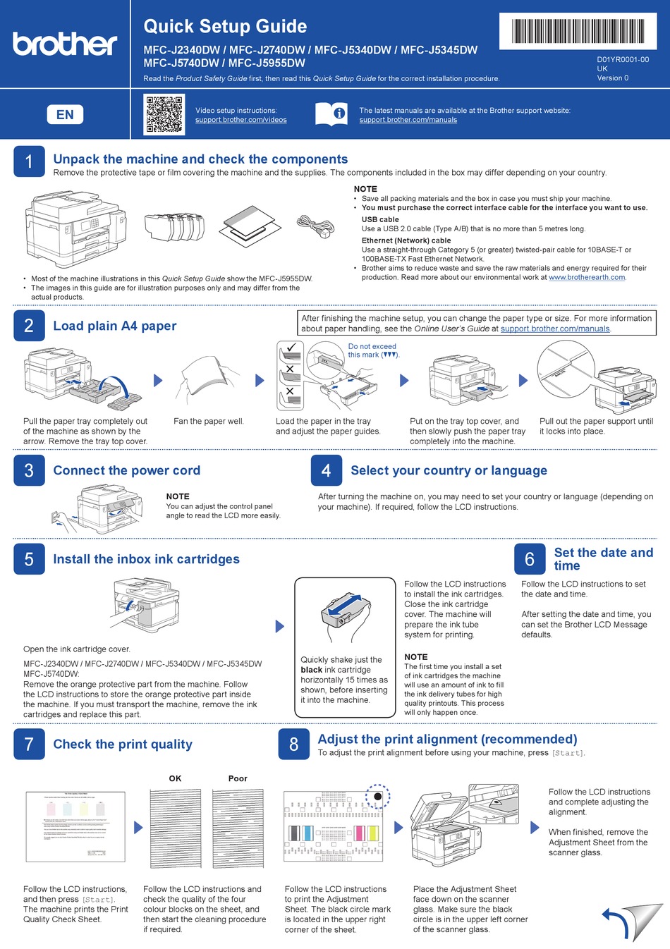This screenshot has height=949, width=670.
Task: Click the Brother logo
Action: coord(65,44)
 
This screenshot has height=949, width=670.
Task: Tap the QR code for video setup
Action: coord(164,114)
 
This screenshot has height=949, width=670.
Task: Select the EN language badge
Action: coord(65,114)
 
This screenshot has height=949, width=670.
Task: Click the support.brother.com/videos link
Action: coord(240,120)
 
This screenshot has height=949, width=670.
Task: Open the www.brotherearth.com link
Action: coord(587,277)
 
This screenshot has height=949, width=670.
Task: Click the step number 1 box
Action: coord(29,161)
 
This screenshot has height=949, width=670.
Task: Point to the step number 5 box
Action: coord(29,559)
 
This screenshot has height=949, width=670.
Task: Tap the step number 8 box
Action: coord(293,745)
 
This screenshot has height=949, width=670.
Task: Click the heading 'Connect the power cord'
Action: coord(127,470)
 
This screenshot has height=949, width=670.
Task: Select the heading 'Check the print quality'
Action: coord(123,744)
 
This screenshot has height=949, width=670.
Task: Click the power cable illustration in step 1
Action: coord(315,226)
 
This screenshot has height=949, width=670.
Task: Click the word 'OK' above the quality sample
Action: coord(175,778)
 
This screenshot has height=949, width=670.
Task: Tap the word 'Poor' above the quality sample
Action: coord(238,778)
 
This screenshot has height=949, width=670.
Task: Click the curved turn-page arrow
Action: coord(618,923)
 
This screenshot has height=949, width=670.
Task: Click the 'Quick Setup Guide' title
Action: coord(225,27)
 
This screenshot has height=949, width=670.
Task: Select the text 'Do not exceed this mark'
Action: coord(373,350)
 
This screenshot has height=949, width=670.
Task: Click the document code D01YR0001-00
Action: coord(623,60)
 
